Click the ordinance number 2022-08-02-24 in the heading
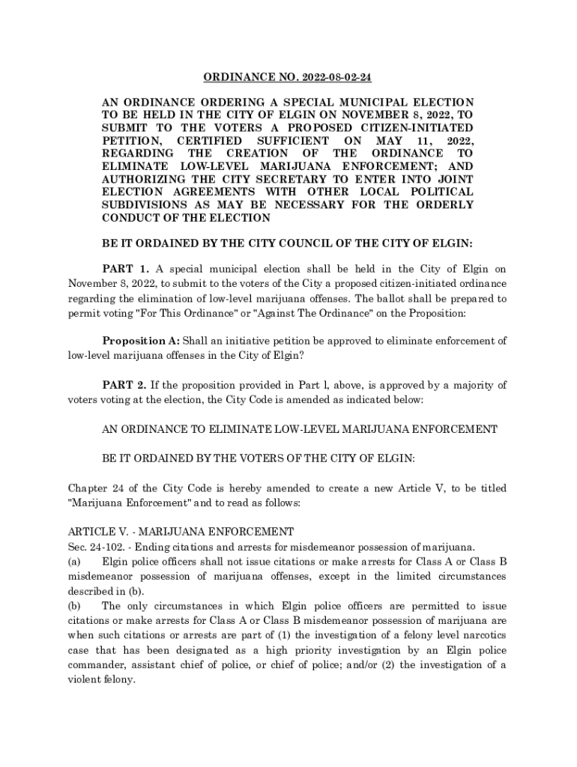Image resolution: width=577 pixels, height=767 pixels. click(331, 78)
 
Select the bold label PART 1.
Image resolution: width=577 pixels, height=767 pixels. click(125, 269)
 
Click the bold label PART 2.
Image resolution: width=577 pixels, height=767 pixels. click(125, 386)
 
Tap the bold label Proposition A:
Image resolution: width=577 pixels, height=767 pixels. click(140, 340)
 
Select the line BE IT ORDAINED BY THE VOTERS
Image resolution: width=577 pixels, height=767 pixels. click(258, 458)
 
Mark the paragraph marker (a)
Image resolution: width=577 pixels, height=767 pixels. click(75, 561)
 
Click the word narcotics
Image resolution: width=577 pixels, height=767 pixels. click(483, 635)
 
